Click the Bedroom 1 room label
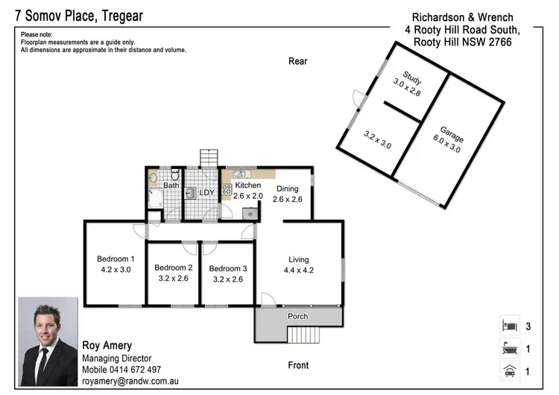[116, 259]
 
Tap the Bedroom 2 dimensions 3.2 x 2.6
[173, 279]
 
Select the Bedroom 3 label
[227, 268]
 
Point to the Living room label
[299, 259]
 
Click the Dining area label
[287, 189]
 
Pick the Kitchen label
[247, 186]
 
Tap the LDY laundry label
[206, 192]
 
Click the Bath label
[171, 186]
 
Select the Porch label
[298, 316]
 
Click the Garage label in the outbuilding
[452, 137]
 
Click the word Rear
[298, 61]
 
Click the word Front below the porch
[298, 365]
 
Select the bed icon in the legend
[510, 326]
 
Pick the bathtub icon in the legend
[510, 348]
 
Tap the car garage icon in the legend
[510, 370]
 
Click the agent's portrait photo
[48, 341]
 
